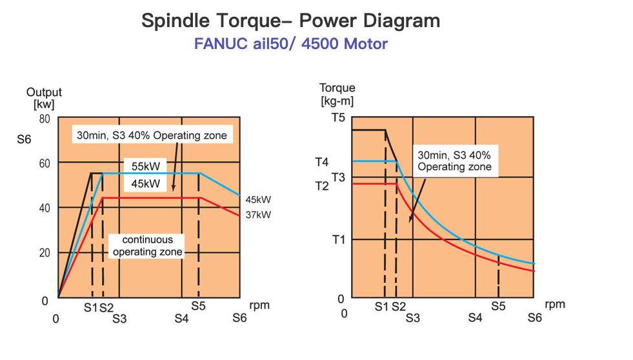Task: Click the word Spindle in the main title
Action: pyautogui.click(x=176, y=21)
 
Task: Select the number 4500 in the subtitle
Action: pyautogui.click(x=319, y=44)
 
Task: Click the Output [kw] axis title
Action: pyautogui.click(x=44, y=98)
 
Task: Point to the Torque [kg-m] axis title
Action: pyautogui.click(x=337, y=94)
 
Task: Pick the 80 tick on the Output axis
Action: pyautogui.click(x=45, y=119)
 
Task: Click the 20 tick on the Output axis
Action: pyautogui.click(x=45, y=253)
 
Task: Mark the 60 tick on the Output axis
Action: pyautogui.click(x=45, y=163)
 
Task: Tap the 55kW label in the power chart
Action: pyautogui.click(x=146, y=166)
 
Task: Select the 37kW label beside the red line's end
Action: pyautogui.click(x=258, y=215)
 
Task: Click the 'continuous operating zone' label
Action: pyautogui.click(x=147, y=246)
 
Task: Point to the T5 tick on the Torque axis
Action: pyautogui.click(x=338, y=117)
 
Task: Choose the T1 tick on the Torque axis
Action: pyautogui.click(x=338, y=240)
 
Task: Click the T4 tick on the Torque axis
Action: pyautogui.click(x=322, y=162)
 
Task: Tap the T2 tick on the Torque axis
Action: pyautogui.click(x=322, y=186)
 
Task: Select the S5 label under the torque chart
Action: pyautogui.click(x=498, y=306)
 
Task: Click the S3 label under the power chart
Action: pyautogui.click(x=119, y=319)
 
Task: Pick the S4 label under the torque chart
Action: pyautogui.click(x=475, y=318)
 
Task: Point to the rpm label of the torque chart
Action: pyautogui.click(x=555, y=305)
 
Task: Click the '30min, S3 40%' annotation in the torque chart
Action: pyautogui.click(x=454, y=155)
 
